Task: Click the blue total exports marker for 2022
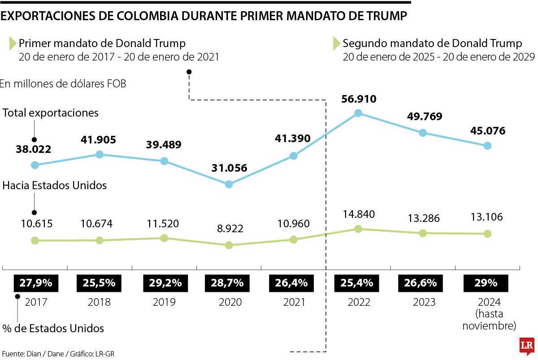point(358,113)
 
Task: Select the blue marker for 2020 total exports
point(229,184)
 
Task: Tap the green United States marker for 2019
point(164,238)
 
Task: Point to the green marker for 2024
point(487,234)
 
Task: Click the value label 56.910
point(358,99)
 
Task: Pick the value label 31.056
point(229,168)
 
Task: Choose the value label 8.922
point(229,229)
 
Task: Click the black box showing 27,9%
point(36,283)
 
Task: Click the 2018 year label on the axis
point(100,302)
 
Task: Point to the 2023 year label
point(424,302)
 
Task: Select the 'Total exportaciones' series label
point(51,113)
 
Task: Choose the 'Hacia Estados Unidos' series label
point(55,185)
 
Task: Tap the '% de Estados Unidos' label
point(53,329)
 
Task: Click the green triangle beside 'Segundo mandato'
point(336,43)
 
